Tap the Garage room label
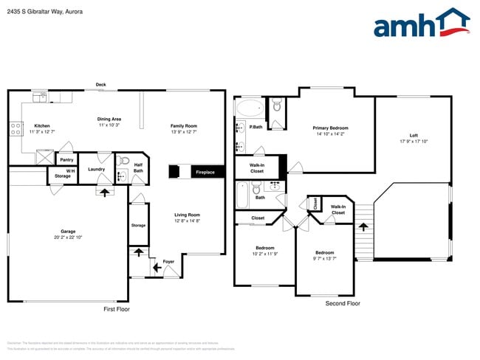coord(67,231)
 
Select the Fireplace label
coord(205,173)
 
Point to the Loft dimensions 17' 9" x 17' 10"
coord(414,141)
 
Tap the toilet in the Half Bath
coord(124,161)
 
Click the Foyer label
coord(169,261)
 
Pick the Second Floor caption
coord(343,303)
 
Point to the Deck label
coord(100,84)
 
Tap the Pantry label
coord(66,159)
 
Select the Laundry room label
coord(96,170)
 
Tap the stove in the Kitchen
coord(15,129)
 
